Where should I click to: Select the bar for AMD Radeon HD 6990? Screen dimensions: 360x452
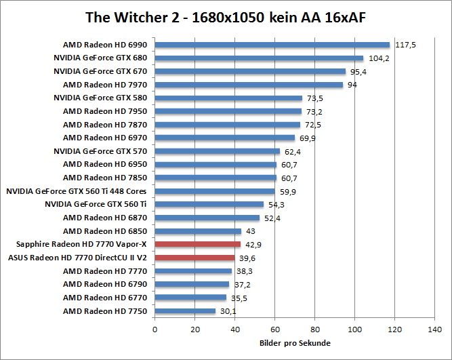tap(272, 45)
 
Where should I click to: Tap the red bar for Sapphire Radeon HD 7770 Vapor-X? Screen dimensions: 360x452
tap(197, 244)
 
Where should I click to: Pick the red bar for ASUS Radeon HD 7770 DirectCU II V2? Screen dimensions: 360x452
tap(194, 258)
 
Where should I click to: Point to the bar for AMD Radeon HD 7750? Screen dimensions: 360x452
tap(185, 311)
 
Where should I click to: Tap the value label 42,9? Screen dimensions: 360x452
tap(253, 244)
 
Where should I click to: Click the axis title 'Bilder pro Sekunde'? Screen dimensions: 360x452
tap(295, 343)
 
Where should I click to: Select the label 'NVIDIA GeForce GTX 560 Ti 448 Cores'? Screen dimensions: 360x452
tap(77, 191)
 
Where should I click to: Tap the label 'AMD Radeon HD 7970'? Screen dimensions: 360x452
tap(105, 85)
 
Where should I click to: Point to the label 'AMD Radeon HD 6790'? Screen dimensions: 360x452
tap(105, 284)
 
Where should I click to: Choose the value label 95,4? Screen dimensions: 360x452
tap(359, 71)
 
